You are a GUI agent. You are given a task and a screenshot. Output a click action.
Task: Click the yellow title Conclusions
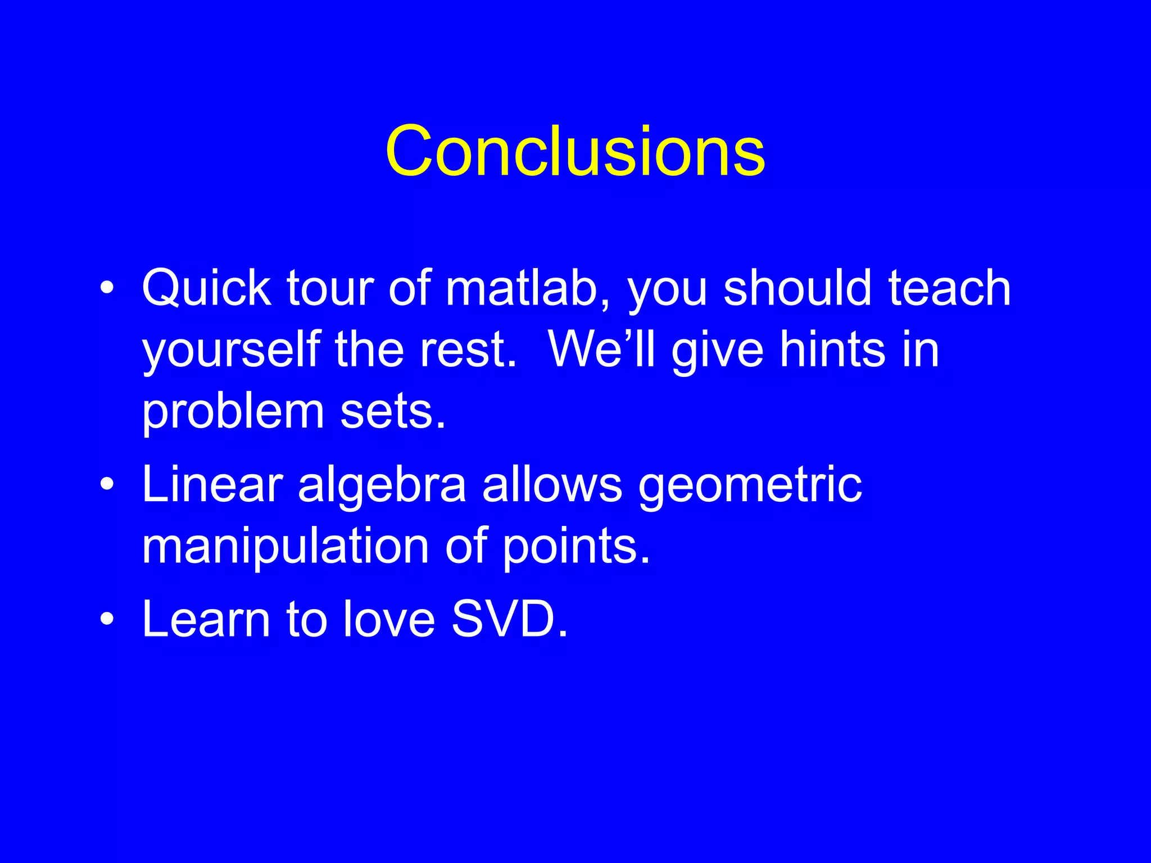pyautogui.click(x=575, y=152)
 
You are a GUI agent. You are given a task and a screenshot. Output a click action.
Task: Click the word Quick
pyautogui.click(x=206, y=289)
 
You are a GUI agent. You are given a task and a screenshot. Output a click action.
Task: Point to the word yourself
pyautogui.click(x=231, y=351)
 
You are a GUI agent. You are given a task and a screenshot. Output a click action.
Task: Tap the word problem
pyautogui.click(x=233, y=413)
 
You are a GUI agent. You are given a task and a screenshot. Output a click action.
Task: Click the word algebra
pyautogui.click(x=382, y=485)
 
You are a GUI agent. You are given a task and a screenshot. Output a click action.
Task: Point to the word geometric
pyautogui.click(x=750, y=487)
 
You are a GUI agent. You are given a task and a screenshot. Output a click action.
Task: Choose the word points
pyautogui.click(x=575, y=547)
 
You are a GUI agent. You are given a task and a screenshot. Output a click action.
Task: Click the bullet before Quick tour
pyautogui.click(x=107, y=290)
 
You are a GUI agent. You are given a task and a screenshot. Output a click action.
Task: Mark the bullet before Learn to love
pyautogui.click(x=107, y=619)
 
